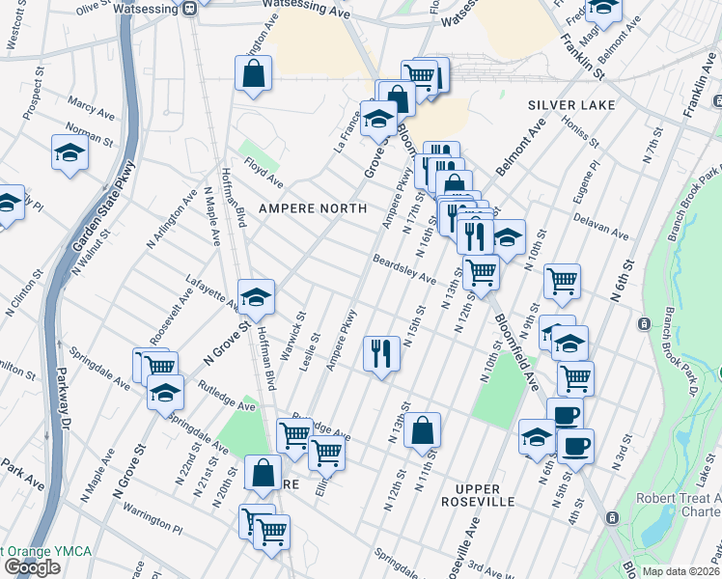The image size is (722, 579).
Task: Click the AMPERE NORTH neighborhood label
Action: [x=311, y=208]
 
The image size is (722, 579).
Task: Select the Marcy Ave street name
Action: [x=92, y=102]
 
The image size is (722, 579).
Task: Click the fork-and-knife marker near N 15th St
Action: [x=382, y=352]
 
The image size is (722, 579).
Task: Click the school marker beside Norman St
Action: [x=70, y=152]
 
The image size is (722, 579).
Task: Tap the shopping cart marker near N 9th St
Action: [x=562, y=281]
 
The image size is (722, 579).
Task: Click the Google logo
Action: [x=32, y=567]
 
